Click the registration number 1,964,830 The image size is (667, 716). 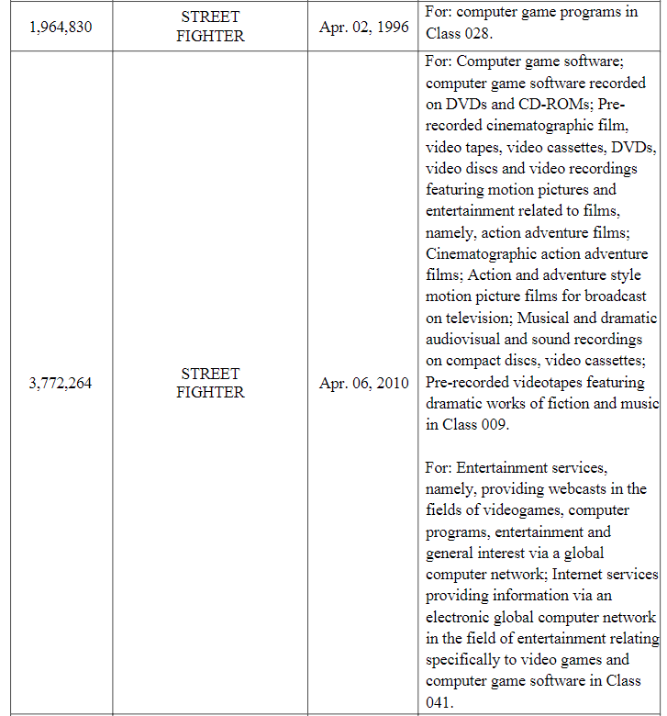[61, 27]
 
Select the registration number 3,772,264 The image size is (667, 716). [61, 383]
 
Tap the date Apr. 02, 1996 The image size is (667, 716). [364, 27]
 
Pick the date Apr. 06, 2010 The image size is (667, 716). [364, 383]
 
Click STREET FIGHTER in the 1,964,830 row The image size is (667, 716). [210, 27]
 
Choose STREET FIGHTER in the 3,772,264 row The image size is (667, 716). [210, 383]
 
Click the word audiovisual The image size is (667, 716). [463, 340]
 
